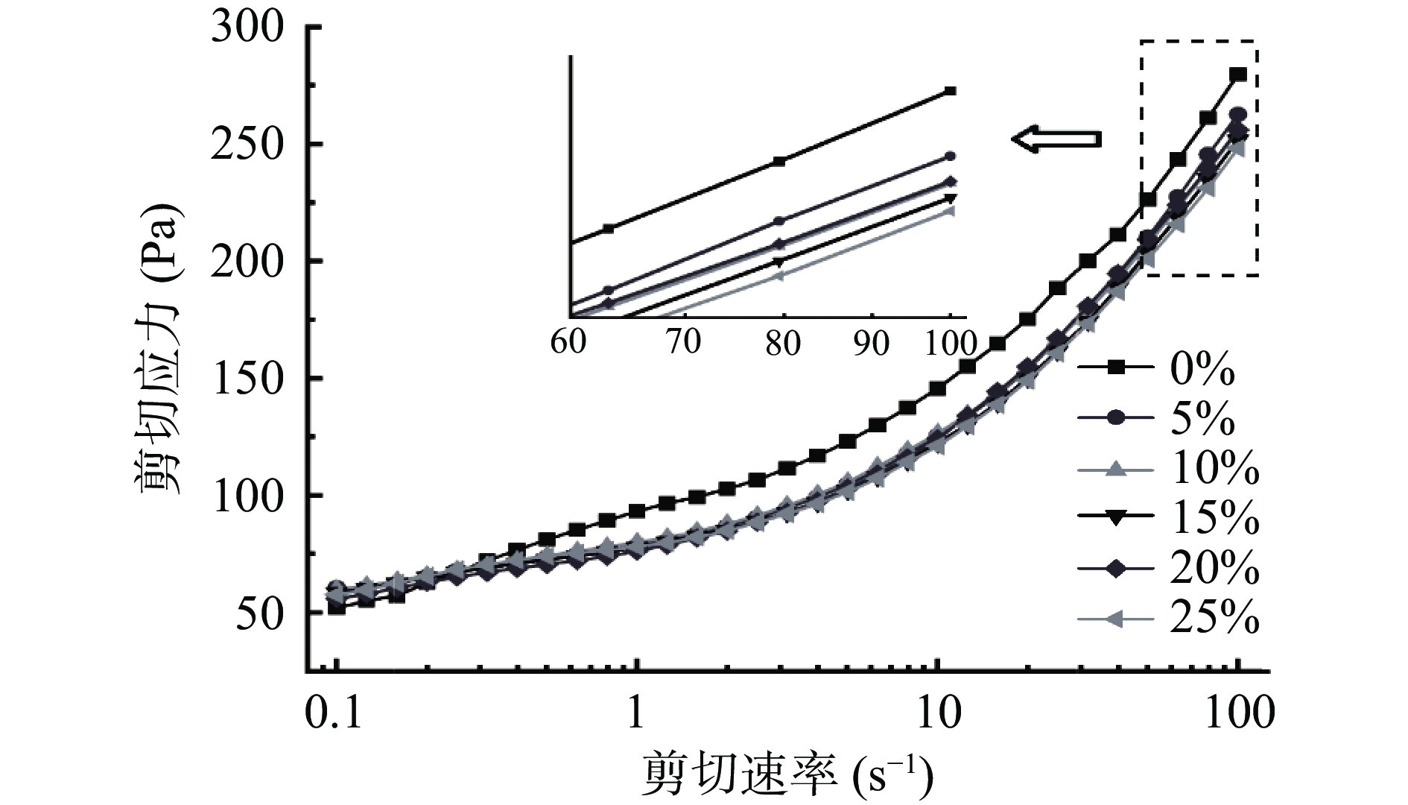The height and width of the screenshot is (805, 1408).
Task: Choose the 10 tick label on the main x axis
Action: (x=937, y=713)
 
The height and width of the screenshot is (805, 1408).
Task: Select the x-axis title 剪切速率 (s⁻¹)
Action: (x=786, y=775)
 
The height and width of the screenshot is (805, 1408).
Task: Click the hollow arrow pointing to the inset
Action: (x=1056, y=139)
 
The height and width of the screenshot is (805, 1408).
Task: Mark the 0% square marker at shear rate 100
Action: (x=1238, y=75)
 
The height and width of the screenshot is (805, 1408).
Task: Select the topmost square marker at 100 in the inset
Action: (x=950, y=91)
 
